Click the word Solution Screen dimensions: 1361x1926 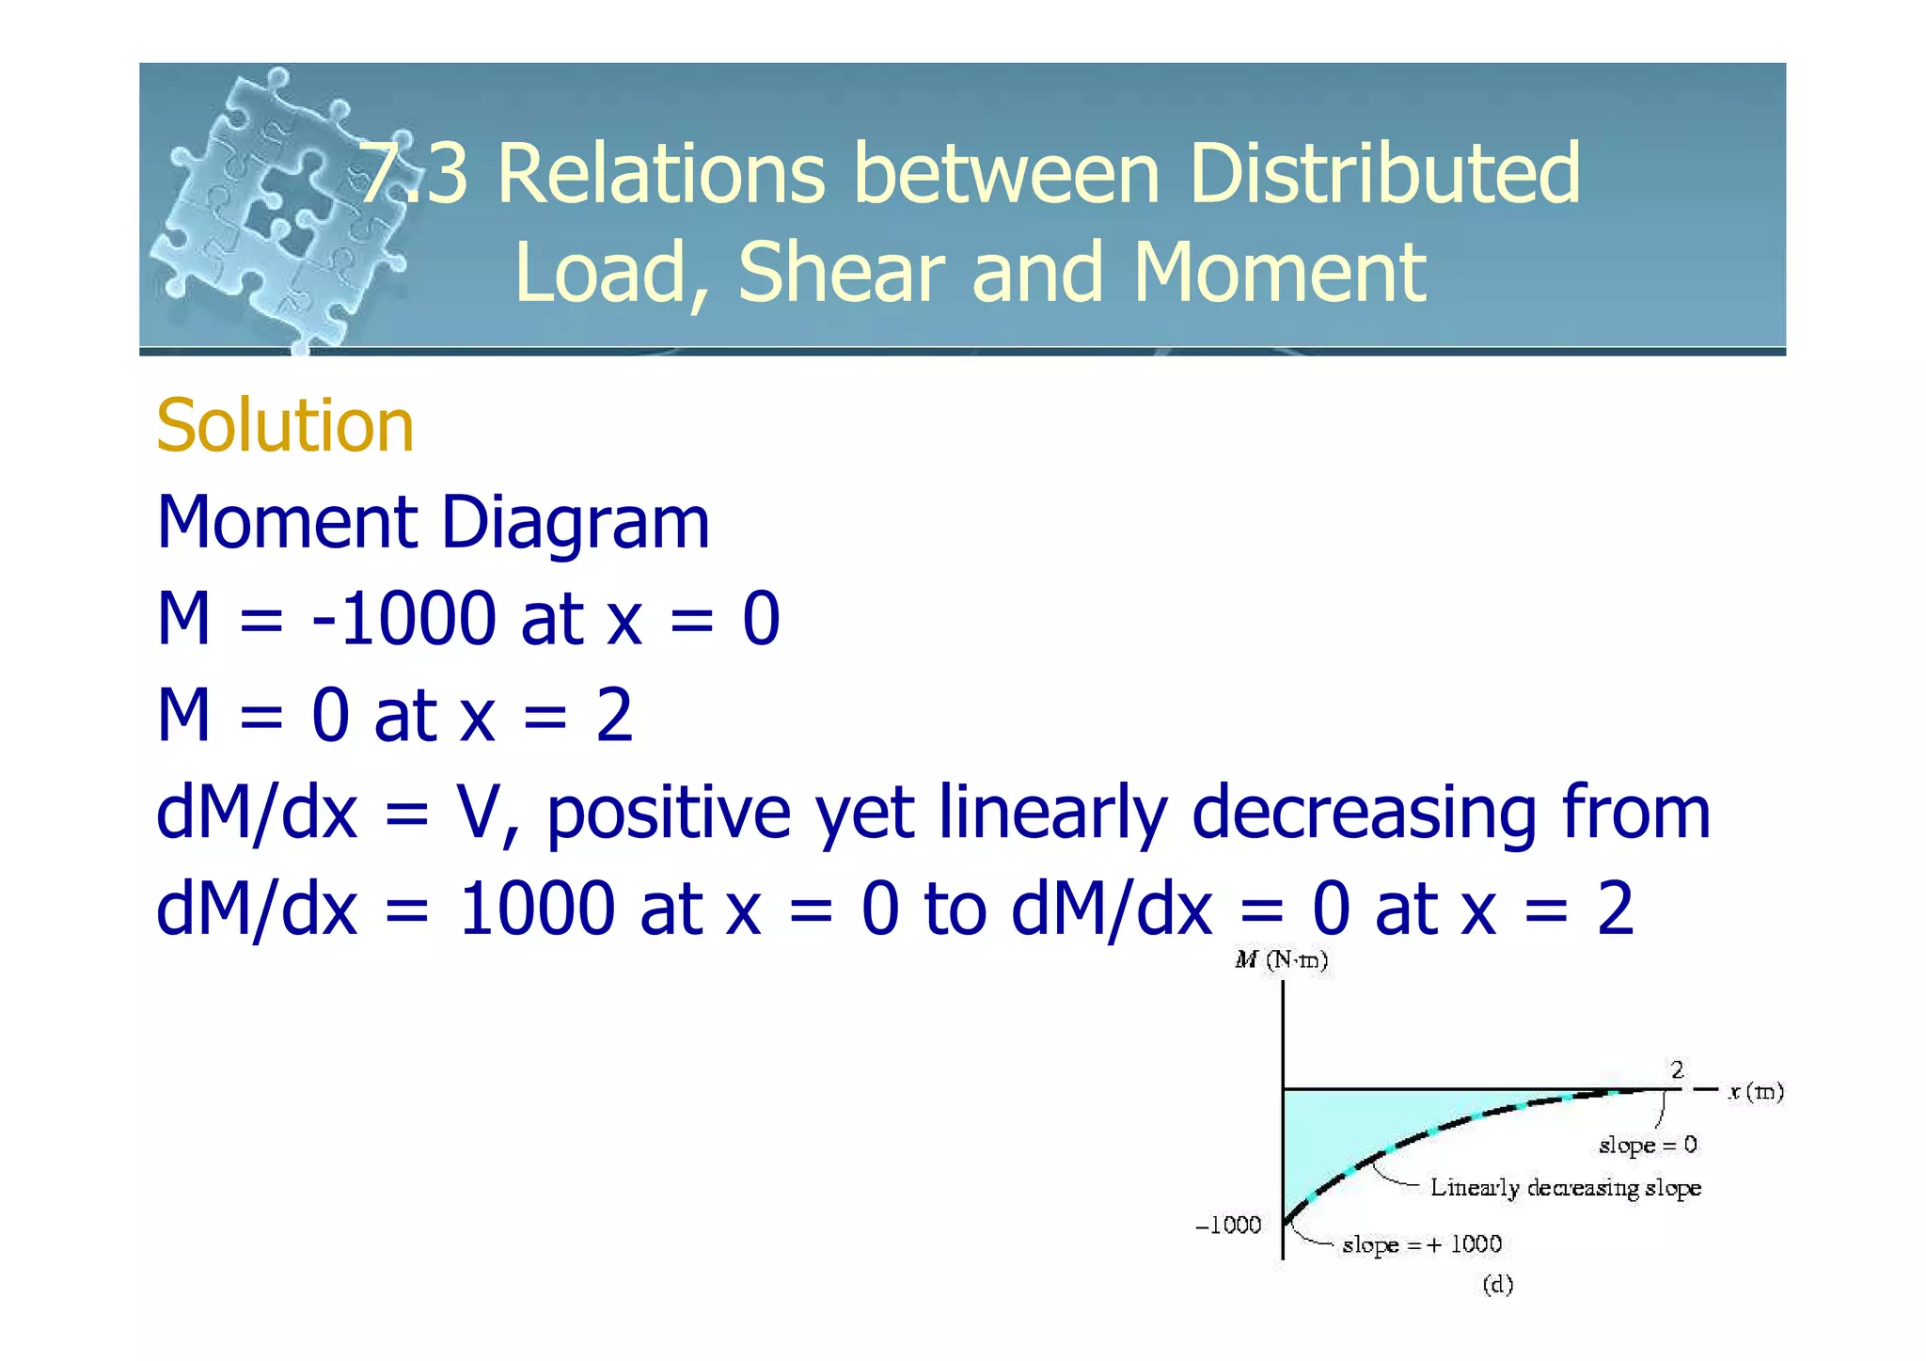click(x=285, y=426)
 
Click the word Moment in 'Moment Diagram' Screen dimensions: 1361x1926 click(x=287, y=523)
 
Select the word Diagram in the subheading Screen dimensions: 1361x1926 click(x=575, y=525)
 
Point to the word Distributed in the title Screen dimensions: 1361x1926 click(x=1384, y=174)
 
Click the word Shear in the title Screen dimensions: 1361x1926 click(x=841, y=273)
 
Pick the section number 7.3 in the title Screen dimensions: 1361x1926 click(x=415, y=174)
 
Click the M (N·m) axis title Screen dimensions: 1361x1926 click(x=1281, y=960)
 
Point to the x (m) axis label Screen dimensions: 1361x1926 click(x=1755, y=1091)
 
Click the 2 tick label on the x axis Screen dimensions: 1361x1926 click(x=1677, y=1070)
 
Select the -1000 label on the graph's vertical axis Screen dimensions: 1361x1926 click(x=1228, y=1225)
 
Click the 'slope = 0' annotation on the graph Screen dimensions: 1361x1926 click(x=1648, y=1145)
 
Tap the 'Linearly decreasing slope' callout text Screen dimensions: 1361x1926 click(x=1566, y=1188)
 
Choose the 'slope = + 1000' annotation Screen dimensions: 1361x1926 click(x=1422, y=1244)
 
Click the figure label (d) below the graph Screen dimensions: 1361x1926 click(x=1498, y=1285)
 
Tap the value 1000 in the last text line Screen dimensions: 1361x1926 click(x=536, y=910)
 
